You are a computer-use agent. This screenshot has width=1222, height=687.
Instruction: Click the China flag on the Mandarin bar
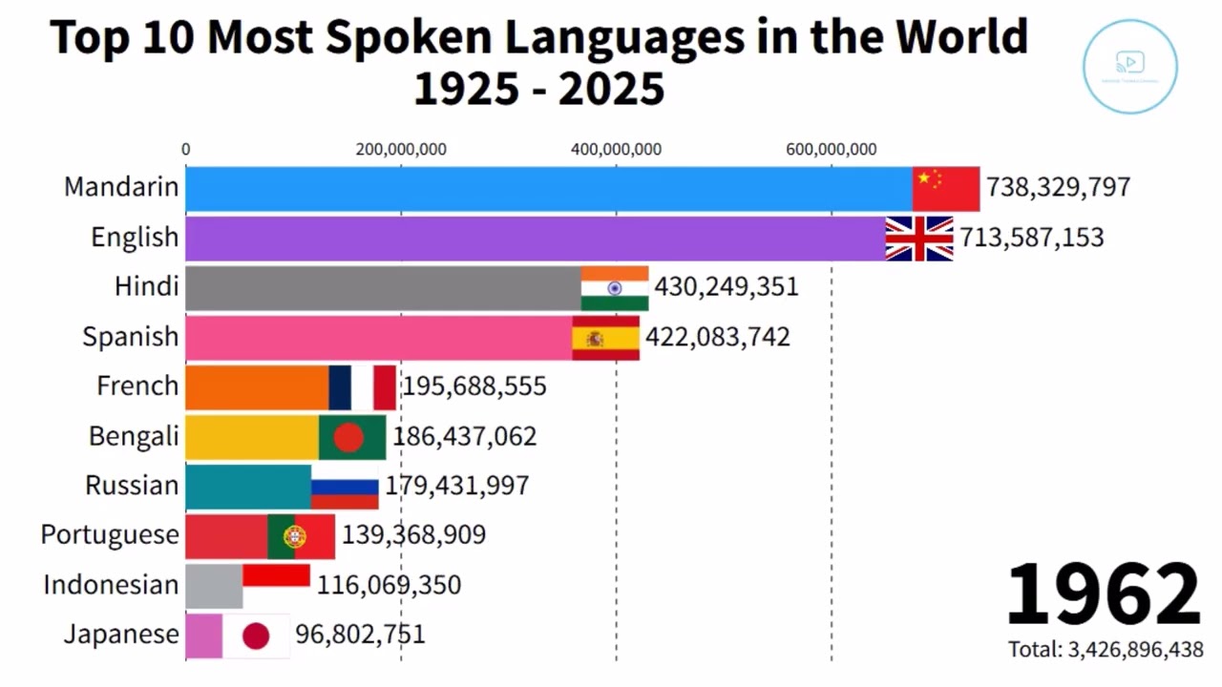coord(945,188)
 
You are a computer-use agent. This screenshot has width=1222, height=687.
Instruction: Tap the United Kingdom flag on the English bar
coord(918,239)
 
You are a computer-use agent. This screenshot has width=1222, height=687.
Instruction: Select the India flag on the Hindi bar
coord(614,288)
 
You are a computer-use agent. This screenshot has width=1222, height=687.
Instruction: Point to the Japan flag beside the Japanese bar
coord(256,635)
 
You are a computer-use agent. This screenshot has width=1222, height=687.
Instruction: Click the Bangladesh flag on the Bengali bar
coord(351,437)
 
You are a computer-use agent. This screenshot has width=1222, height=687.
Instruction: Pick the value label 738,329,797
coord(1058,187)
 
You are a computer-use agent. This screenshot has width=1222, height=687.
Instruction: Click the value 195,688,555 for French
coord(474,386)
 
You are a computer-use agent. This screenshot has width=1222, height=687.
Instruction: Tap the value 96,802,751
coord(360,635)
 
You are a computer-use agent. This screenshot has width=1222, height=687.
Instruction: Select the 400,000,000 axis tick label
coord(616,149)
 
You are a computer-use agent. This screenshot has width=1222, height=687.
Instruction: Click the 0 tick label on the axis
coord(185,149)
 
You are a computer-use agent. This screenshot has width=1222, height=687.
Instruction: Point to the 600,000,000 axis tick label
coord(831,149)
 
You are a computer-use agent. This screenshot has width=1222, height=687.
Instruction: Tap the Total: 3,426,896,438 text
coord(1106,650)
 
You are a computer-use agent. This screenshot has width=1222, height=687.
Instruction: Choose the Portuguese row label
coord(109,535)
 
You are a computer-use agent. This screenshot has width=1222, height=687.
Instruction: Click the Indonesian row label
coord(111,585)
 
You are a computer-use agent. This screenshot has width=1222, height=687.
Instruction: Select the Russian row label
coord(132,486)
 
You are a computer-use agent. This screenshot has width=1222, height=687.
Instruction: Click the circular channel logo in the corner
coord(1129,66)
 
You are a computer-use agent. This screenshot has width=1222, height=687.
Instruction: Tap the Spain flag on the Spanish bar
coord(605,338)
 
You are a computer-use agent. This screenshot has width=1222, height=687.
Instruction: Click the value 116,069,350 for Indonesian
coord(389,585)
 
